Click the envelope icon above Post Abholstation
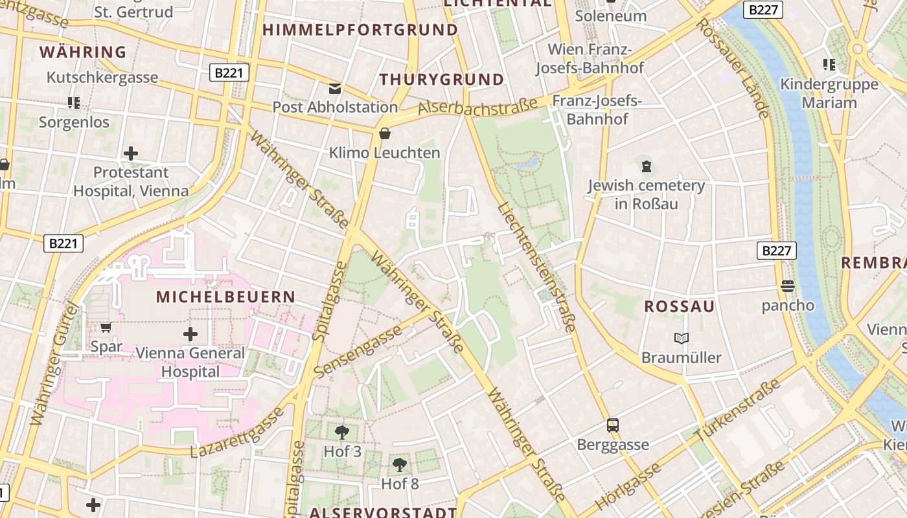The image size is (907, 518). coord(334,88)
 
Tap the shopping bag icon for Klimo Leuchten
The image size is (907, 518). coord(385,133)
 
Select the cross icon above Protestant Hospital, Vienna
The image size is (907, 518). coord(131,153)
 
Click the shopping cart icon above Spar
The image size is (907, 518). coord(106,328)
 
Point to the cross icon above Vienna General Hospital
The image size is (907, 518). coord(190,334)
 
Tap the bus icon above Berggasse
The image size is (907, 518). coord(612,425)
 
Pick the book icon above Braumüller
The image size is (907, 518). coord(681,338)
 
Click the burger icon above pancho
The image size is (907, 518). coord(788,286)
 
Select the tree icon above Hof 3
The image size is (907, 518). coord(342,432)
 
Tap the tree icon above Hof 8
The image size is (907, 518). coord(400,464)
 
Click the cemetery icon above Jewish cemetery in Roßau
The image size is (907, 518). coord(646,166)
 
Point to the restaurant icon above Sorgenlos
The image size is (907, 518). coord(74,102)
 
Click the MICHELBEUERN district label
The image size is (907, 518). coord(225,297)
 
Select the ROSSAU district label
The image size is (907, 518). coord(679,307)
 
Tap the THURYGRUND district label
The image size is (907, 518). coord(441,80)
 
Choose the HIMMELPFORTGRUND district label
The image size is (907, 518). coord(360,30)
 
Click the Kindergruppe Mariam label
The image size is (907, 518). coord(829,93)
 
